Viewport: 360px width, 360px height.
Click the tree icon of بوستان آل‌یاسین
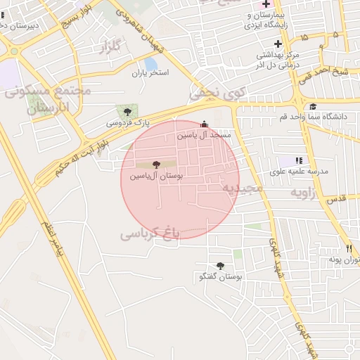tap(156, 165)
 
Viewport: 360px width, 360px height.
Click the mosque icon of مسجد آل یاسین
tap(204, 124)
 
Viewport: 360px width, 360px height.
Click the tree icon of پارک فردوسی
tap(127, 111)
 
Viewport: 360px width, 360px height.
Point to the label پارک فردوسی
tap(129, 122)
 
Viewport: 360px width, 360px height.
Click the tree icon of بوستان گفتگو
tap(220, 266)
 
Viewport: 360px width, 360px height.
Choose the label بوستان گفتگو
tap(220, 277)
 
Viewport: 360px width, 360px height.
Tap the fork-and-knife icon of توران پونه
tap(349, 248)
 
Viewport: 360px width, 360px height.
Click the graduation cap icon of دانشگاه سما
tap(313, 106)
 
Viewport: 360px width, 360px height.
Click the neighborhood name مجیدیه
tap(243, 188)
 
